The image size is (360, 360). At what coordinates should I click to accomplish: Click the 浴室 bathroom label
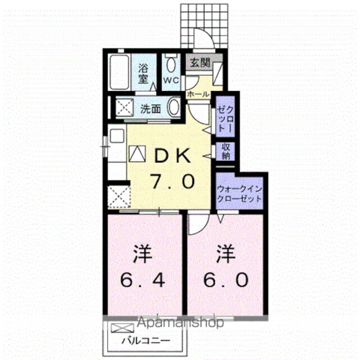[143, 73]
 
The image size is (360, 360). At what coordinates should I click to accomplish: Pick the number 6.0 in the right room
[225, 280]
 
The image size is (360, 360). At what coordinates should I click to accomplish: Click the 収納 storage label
[226, 151]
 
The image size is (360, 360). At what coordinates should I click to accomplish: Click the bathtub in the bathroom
[119, 72]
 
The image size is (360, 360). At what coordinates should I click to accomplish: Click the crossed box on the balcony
[120, 329]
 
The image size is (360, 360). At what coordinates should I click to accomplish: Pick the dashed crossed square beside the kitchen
[118, 195]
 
